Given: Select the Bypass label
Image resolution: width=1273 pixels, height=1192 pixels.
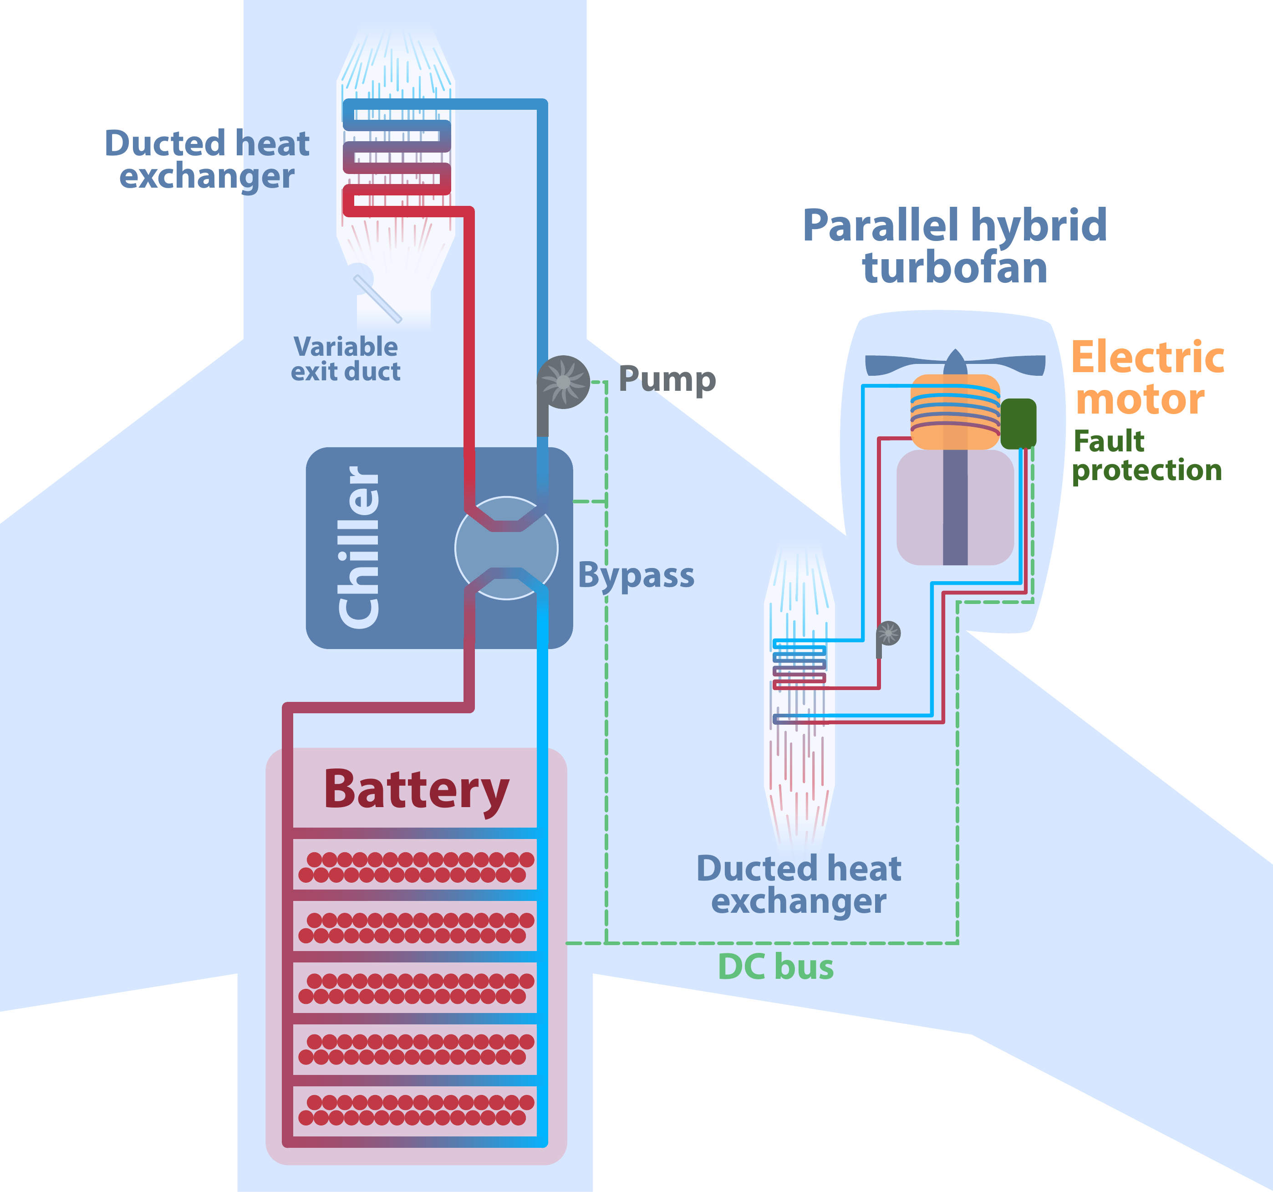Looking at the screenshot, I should pyautogui.click(x=636, y=575).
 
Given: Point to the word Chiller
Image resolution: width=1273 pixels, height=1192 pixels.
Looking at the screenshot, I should pyautogui.click(x=359, y=547).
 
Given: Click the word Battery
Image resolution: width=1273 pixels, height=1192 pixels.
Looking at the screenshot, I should pyautogui.click(x=416, y=790).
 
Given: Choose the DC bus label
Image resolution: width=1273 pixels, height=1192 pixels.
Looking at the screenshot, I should pyautogui.click(x=775, y=967).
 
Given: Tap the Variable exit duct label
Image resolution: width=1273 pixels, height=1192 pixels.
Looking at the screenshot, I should pyautogui.click(x=346, y=358).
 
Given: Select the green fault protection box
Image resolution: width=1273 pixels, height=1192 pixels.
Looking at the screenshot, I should pyautogui.click(x=1018, y=424).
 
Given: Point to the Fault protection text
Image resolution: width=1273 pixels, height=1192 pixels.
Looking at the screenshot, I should pyautogui.click(x=1146, y=455).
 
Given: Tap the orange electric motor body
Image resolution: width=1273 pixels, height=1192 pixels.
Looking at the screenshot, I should pyautogui.click(x=954, y=412).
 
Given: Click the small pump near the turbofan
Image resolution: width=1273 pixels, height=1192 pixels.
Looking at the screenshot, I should pyautogui.click(x=888, y=634).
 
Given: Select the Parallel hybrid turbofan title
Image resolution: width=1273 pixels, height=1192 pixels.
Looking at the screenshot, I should pyautogui.click(x=955, y=246).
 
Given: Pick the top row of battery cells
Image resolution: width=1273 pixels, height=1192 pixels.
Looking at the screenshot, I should pyautogui.click(x=416, y=867).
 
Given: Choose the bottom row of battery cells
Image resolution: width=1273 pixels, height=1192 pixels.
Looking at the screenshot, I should pyautogui.click(x=416, y=1110).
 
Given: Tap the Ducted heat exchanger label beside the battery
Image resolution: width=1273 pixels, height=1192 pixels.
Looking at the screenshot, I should pyautogui.click(x=799, y=885).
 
